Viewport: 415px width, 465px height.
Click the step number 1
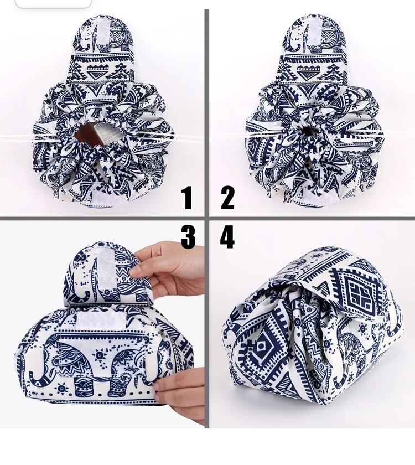[187, 198]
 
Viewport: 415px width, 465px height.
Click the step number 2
[227, 198]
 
